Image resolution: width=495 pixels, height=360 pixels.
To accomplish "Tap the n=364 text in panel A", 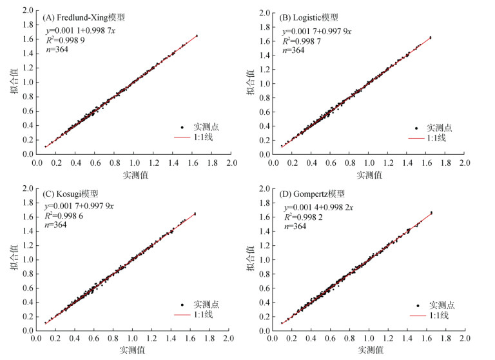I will (x=56, y=50).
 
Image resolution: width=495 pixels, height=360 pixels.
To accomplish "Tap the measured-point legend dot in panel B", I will (x=416, y=128).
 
